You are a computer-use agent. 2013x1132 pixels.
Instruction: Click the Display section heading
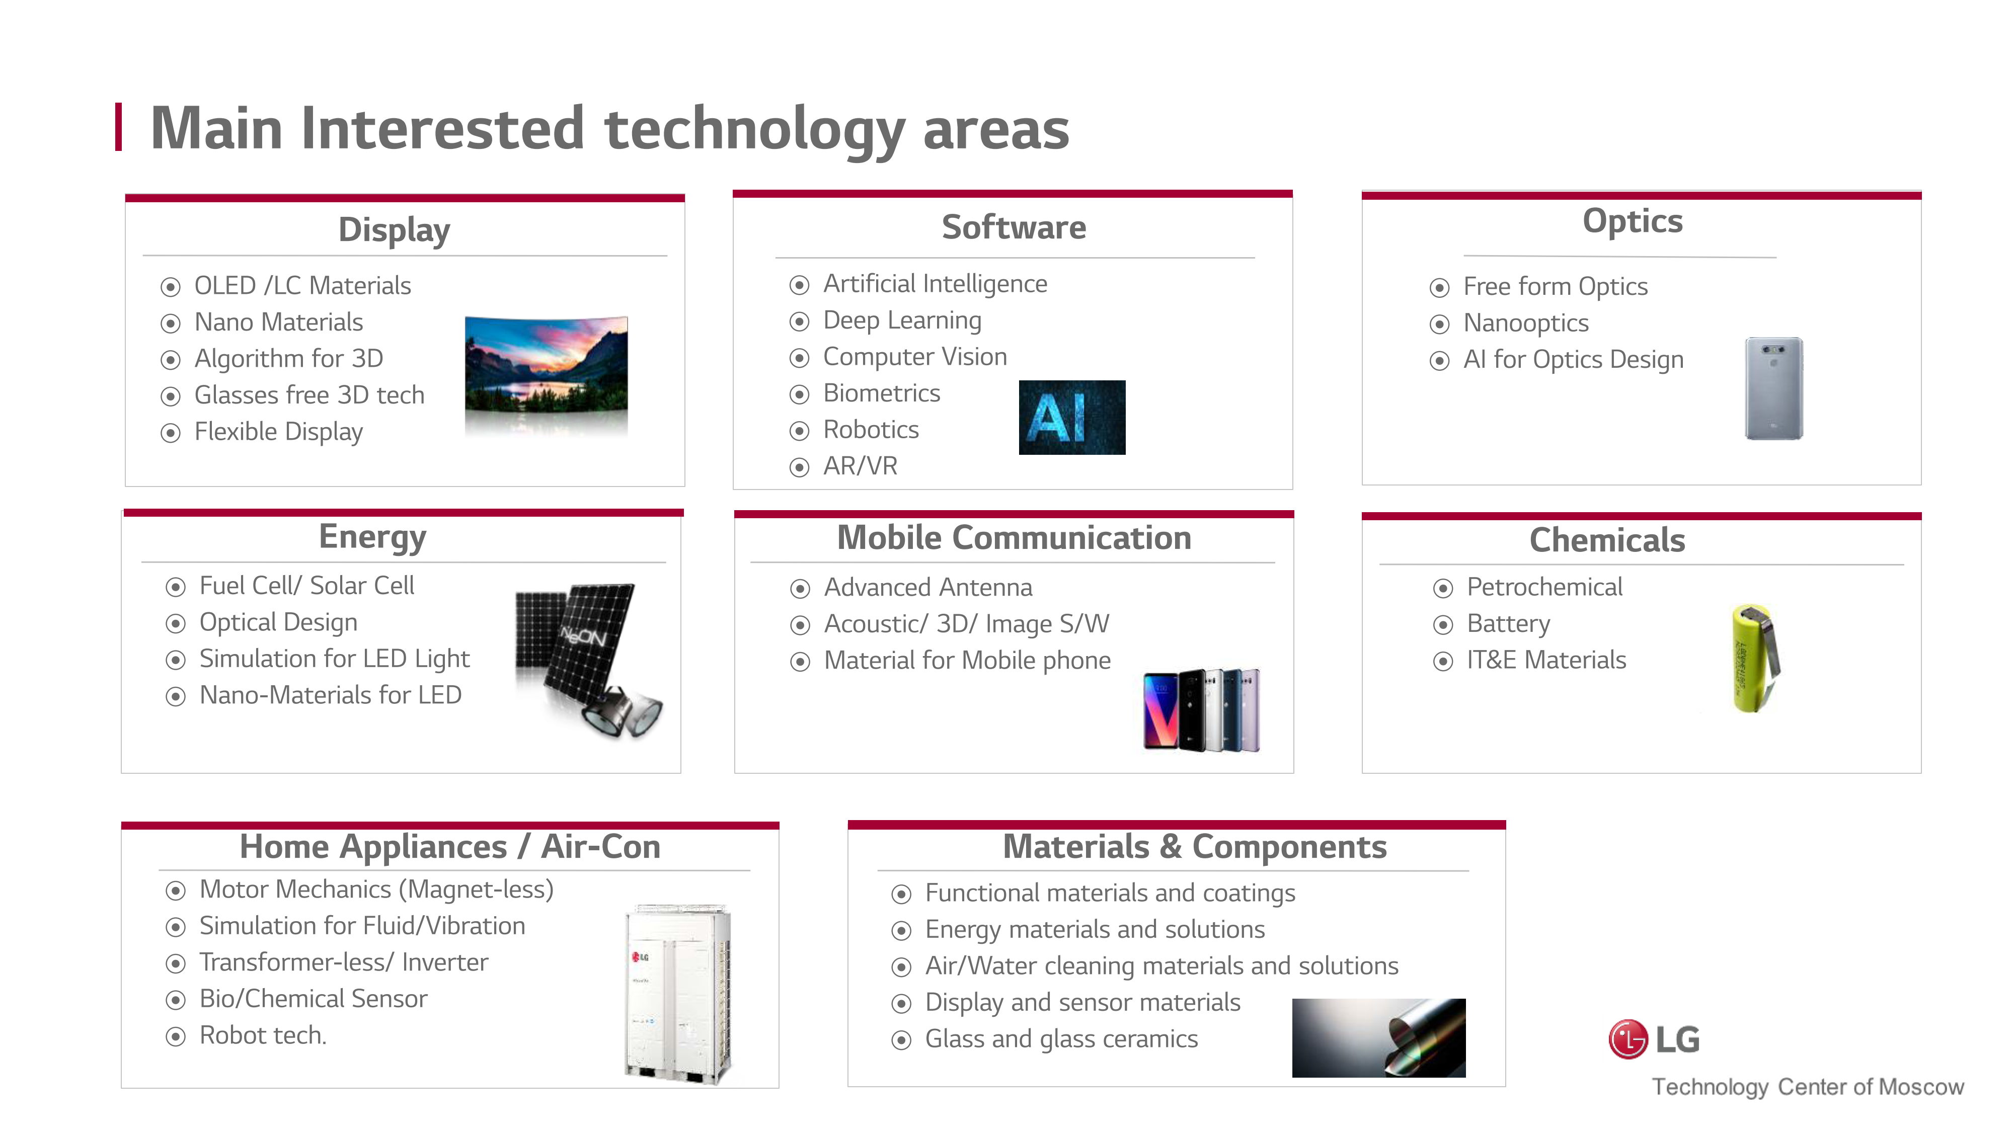(394, 230)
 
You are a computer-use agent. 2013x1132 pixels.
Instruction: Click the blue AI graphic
(1072, 417)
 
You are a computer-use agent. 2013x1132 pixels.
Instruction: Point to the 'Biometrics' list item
(882, 393)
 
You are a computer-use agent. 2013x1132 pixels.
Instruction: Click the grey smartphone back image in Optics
(1774, 388)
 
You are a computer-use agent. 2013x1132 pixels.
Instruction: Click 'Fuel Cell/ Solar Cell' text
(306, 586)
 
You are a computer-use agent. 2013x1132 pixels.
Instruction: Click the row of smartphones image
(1201, 710)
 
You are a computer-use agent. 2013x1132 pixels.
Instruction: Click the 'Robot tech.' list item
(263, 1036)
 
